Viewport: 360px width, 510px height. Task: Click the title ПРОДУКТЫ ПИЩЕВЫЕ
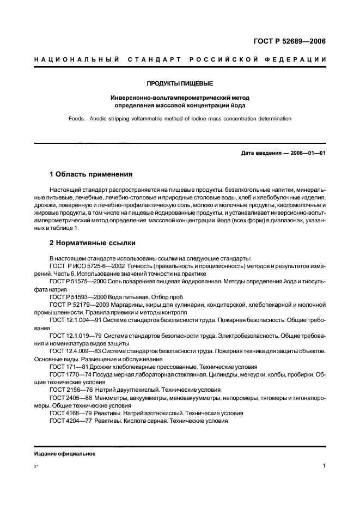[x=180, y=84]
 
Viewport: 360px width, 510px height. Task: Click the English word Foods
[x=78, y=118]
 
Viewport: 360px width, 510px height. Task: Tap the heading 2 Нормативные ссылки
[x=93, y=242]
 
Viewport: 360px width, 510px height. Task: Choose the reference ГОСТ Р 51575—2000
[x=77, y=278]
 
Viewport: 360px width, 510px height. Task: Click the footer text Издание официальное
[x=65, y=454]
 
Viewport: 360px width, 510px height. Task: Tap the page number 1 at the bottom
[x=324, y=466]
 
